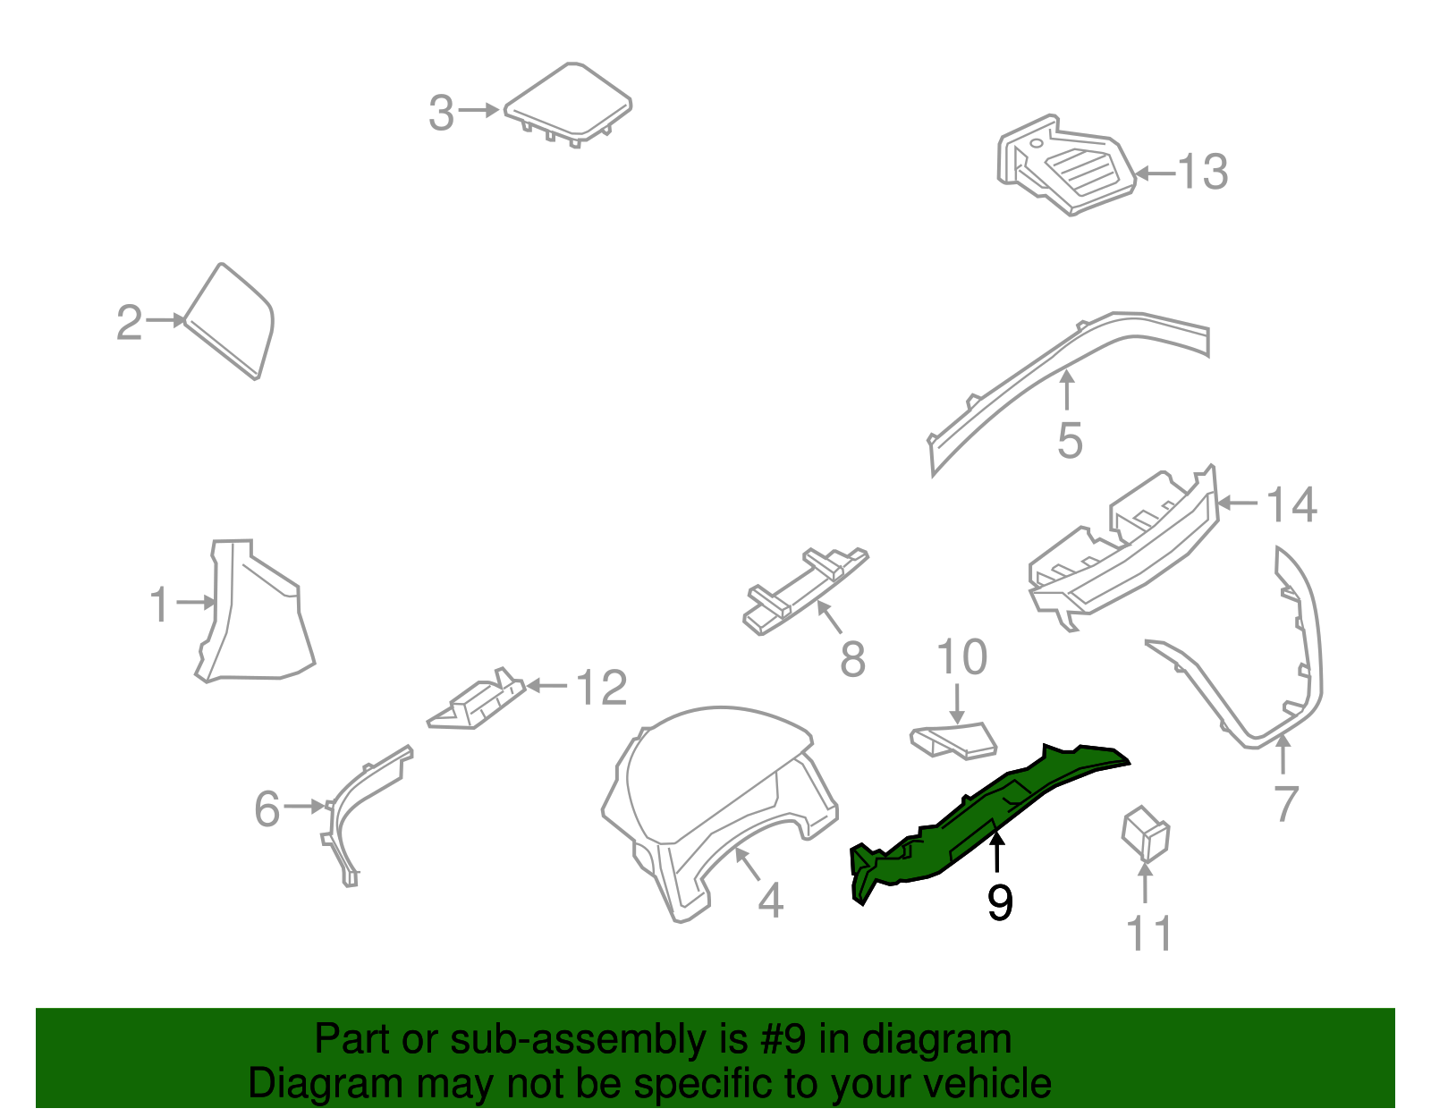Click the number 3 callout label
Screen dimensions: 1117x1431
(441, 114)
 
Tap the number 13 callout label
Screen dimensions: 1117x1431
(1203, 172)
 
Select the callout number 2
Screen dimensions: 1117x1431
(129, 323)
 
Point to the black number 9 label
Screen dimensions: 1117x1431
(1000, 903)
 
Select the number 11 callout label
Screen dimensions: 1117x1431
(1148, 935)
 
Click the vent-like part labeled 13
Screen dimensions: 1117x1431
(1064, 165)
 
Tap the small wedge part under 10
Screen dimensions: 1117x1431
(953, 740)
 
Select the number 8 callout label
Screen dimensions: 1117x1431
(852, 660)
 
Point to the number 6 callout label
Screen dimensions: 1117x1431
(267, 809)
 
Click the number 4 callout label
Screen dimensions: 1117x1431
(770, 901)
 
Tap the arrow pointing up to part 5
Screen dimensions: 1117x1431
(1066, 392)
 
